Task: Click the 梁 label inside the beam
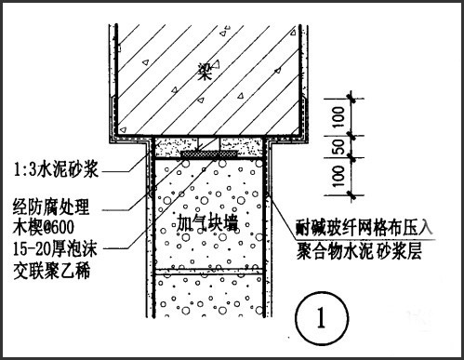pos(205,72)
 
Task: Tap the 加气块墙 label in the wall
pos(207,222)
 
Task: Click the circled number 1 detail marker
pos(322,318)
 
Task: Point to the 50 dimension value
pos(340,147)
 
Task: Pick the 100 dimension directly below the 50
pos(339,176)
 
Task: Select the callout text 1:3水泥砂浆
pos(56,169)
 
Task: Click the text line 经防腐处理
pos(51,207)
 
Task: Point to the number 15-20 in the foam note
pos(30,248)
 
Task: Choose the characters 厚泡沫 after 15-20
pos(73,248)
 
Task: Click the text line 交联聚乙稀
pos(51,271)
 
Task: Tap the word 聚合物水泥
pos(335,251)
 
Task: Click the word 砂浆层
pos(399,251)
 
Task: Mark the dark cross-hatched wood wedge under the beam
pos(209,154)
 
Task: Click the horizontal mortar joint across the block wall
pos(209,272)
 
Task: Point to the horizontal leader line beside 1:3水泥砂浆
pos(115,172)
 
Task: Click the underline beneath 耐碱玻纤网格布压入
pos(365,239)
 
